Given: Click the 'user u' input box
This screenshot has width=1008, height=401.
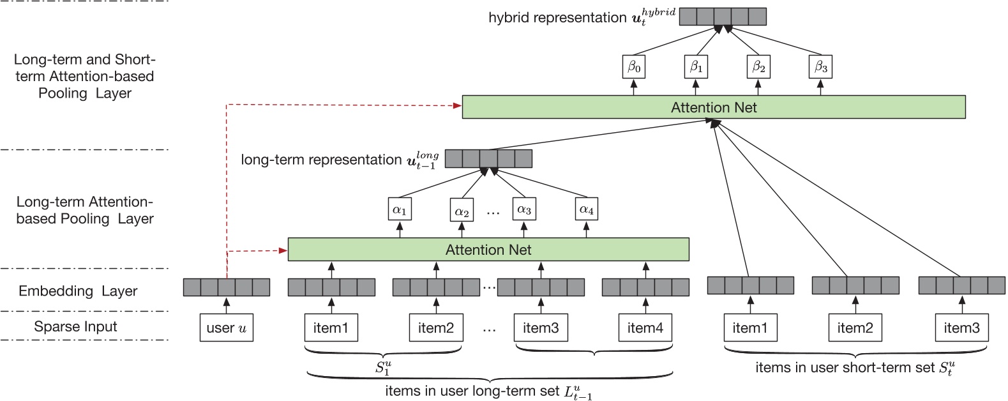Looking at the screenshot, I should tap(227, 328).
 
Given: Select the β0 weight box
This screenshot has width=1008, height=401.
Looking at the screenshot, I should tap(633, 66).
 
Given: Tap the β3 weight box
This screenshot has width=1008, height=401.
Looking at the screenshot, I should tap(820, 66).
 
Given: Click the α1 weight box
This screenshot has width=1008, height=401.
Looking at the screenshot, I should tap(400, 209).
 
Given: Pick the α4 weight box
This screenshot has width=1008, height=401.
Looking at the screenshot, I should tap(586, 209).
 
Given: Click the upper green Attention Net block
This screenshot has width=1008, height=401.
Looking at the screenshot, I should tap(713, 107).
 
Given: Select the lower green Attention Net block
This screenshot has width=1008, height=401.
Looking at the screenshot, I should tap(488, 250).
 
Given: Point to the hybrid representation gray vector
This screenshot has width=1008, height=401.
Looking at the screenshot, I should tap(723, 16).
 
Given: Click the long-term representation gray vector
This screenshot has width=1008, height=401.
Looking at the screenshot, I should tap(488, 158).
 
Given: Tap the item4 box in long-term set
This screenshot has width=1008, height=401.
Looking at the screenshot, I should tap(645, 328).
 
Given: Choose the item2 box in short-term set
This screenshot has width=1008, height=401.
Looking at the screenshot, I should tap(855, 328).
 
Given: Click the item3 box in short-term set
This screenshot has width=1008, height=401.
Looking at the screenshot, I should tap(961, 328).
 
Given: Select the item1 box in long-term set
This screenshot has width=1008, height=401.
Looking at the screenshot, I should tap(331, 328).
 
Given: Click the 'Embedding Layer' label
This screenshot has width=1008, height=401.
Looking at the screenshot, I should tap(78, 291).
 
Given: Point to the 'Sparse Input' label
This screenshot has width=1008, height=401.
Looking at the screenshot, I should tap(75, 327).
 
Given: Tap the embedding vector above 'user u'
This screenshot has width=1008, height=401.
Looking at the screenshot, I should tap(227, 287).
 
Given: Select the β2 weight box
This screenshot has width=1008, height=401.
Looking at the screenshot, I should tap(758, 66).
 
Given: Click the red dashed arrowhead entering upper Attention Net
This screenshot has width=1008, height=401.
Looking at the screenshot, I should tap(457, 105).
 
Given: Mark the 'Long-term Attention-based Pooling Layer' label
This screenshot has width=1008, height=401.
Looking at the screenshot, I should tap(85, 211).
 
